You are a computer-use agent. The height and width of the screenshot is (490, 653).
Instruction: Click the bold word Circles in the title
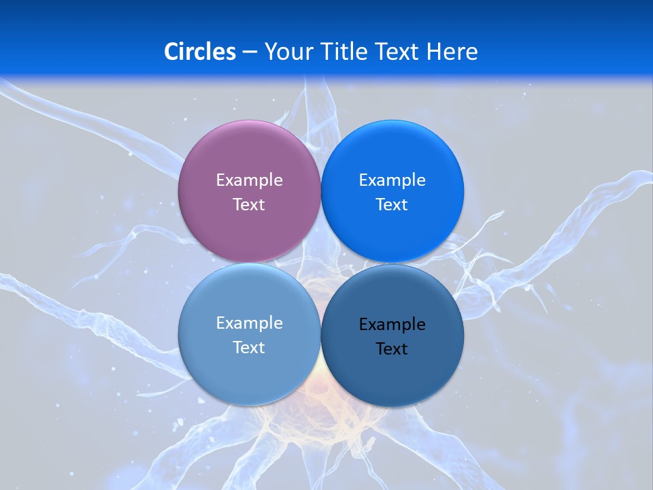click(x=199, y=52)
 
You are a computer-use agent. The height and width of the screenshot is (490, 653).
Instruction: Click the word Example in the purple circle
click(x=249, y=180)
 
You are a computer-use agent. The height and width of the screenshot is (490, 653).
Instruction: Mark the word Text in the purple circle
click(x=249, y=204)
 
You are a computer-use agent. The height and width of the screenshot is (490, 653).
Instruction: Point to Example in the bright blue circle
click(x=392, y=180)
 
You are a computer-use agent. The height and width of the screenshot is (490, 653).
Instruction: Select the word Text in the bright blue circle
click(x=392, y=204)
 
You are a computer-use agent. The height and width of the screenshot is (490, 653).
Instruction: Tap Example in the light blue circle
click(x=249, y=323)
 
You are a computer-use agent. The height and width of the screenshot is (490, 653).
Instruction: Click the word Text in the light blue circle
click(x=249, y=347)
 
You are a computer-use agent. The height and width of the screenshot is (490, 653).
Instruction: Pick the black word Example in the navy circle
click(x=392, y=324)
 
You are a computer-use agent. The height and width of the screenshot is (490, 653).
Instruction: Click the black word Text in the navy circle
click(x=392, y=348)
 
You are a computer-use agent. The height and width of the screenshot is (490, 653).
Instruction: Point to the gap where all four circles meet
click(x=321, y=263)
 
